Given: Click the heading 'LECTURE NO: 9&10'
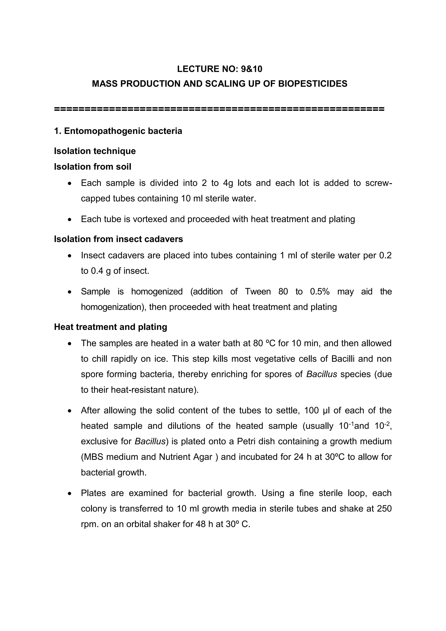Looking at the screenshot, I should tap(220, 69).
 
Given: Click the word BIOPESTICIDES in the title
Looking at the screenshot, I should tap(313, 84).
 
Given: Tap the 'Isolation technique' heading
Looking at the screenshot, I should tap(95, 151).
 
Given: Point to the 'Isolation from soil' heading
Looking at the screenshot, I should tap(93, 167).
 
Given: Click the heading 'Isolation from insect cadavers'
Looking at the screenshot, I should tap(118, 239).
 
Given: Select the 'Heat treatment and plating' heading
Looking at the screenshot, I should tap(110, 327).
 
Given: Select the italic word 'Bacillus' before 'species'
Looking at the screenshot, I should tap(321, 374).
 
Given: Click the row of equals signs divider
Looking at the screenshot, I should tap(219, 109).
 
